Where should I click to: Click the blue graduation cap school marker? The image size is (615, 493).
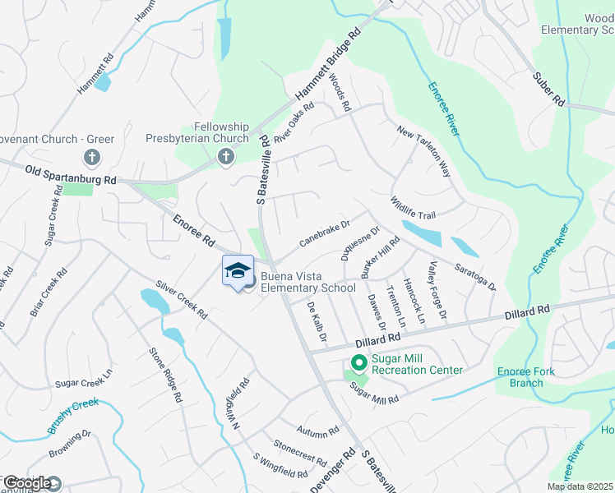coord(238,271)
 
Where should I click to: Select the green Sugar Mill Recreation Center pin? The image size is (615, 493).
coord(358,362)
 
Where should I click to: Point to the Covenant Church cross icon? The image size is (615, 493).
coord(91,156)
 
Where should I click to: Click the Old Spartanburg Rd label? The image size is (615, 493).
coord(71,174)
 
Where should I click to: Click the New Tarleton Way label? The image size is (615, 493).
coord(424,152)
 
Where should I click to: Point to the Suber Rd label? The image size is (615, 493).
coord(548,90)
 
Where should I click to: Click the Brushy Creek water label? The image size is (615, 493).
coord(72,416)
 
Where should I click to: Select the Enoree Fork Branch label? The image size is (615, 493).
coord(525,377)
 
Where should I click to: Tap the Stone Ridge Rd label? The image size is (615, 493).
coord(164,375)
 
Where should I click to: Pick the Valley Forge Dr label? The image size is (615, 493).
coord(437,290)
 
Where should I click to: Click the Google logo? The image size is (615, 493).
coord(27,483)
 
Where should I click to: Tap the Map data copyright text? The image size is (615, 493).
coord(580,486)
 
